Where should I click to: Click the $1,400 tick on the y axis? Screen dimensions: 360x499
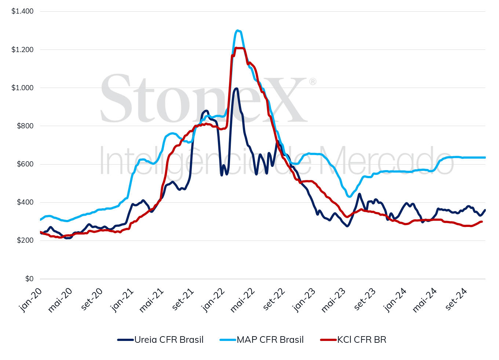pos(22,11)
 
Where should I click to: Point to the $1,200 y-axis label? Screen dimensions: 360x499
pos(22,49)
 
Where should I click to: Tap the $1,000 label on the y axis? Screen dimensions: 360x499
pos(22,88)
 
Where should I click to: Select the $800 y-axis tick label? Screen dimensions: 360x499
pos(25,126)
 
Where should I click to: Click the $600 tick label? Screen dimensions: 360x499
pos(25,164)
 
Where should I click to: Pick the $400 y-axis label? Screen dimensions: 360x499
pos(25,202)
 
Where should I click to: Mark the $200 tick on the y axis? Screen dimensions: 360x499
pos(25,240)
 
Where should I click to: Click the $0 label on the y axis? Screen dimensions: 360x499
pos(29,279)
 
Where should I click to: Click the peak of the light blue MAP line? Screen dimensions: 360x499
pos(238,30)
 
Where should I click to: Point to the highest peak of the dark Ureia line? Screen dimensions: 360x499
pos(236,88)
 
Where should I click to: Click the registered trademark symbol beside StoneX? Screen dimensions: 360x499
pos(312,82)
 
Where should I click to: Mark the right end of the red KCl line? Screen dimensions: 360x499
pos(482,221)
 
